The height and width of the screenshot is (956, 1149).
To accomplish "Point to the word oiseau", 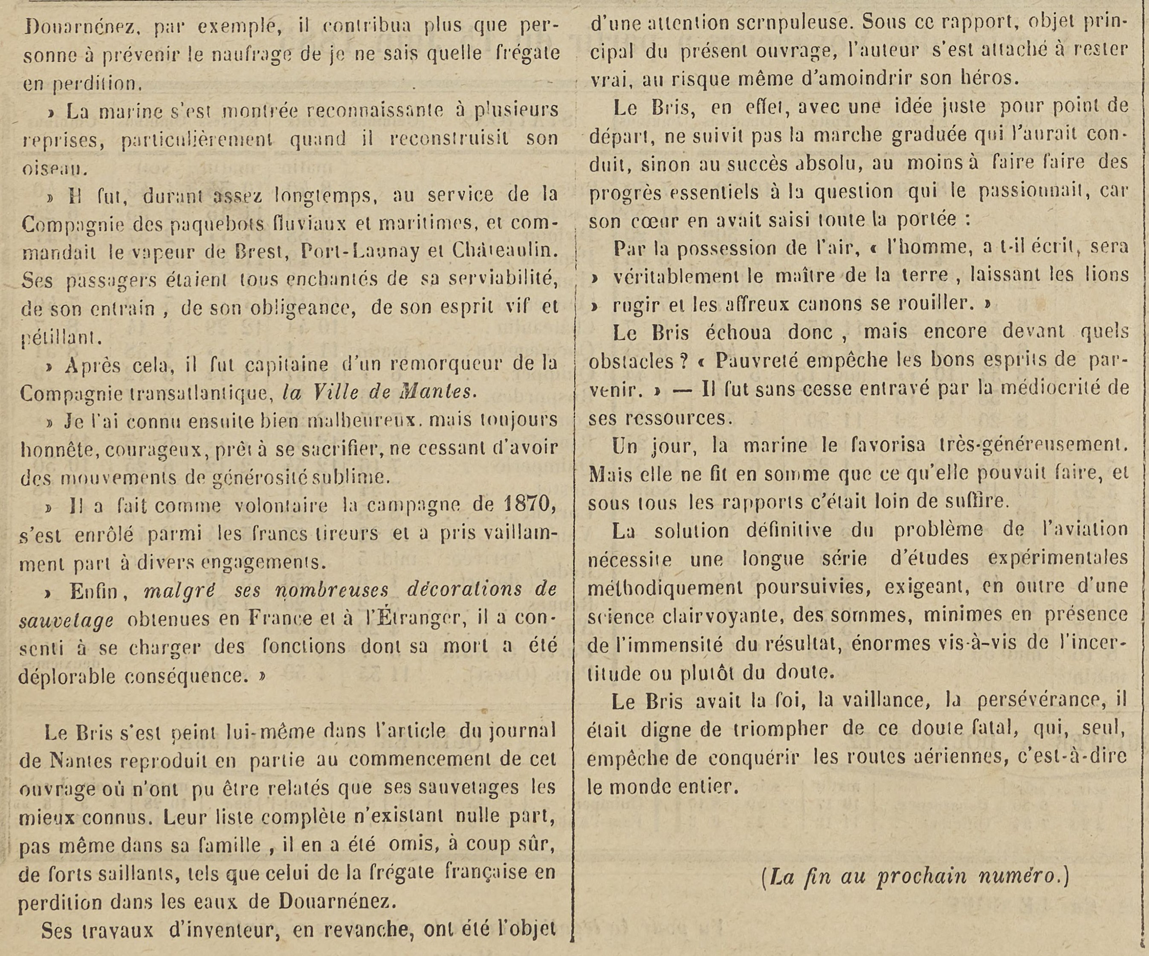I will coord(55,168).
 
